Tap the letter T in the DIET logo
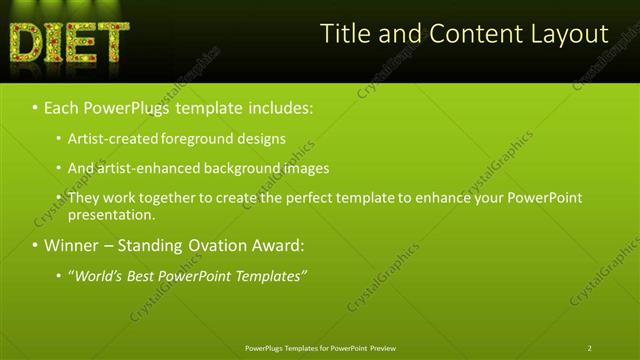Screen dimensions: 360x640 coord(112,41)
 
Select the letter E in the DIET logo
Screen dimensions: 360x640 coord(82,41)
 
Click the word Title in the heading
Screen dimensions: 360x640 coord(344,34)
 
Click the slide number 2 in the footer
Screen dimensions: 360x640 coord(590,348)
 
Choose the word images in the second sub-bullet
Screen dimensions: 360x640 coord(301,168)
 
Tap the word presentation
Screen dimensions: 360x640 coord(111,214)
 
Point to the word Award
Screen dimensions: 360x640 coord(276,245)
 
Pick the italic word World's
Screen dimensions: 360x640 coord(97,276)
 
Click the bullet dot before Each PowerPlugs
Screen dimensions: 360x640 coord(35,106)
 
